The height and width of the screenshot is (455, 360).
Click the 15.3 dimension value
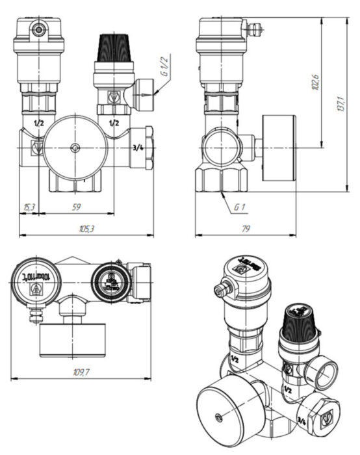[29, 207]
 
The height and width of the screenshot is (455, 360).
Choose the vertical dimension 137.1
[339, 104]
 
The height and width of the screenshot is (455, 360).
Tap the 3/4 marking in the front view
[138, 148]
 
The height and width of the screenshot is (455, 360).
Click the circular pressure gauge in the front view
[76, 148]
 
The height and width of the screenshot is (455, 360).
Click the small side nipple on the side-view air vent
[255, 28]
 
